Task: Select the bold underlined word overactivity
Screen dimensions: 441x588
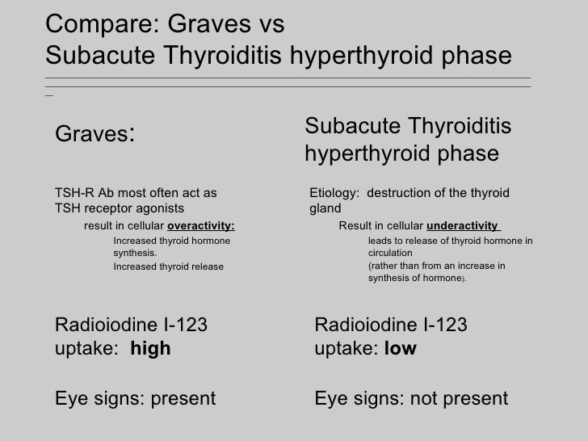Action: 201,225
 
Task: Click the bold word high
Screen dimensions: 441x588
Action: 150,350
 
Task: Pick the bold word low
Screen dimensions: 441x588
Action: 401,350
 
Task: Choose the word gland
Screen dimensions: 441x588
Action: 324,209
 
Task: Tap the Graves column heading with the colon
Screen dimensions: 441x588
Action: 94,135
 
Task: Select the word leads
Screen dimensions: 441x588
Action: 380,241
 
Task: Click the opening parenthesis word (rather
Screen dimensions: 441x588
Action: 387,265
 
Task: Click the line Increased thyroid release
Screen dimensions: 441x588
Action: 168,266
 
